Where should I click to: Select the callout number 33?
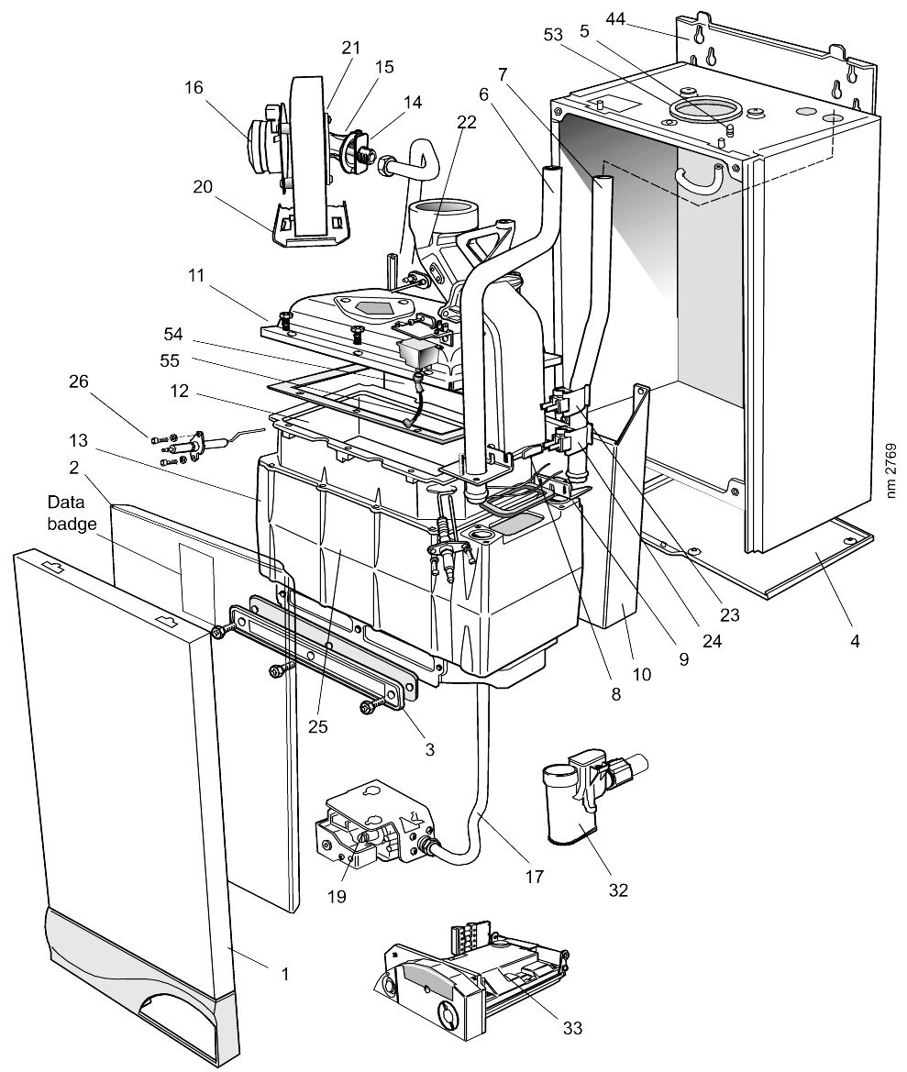573,1028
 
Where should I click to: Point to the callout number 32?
618,890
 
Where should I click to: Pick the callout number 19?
337,896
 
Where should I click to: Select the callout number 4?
855,641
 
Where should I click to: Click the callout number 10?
641,674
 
